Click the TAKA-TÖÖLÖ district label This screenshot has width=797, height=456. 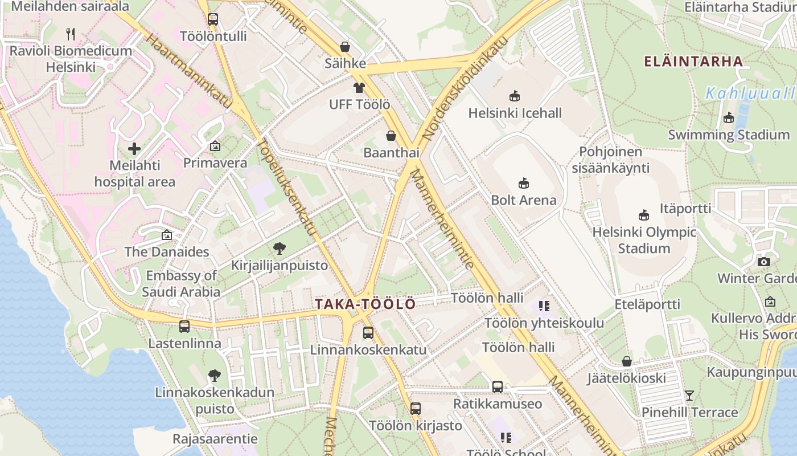click(x=365, y=304)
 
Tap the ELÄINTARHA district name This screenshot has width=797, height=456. click(x=693, y=62)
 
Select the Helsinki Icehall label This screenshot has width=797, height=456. click(x=515, y=113)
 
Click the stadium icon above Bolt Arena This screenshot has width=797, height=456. click(x=524, y=184)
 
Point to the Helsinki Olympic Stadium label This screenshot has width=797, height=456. click(x=644, y=240)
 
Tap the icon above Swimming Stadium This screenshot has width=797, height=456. click(x=728, y=118)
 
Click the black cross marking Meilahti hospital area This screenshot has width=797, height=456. click(x=134, y=149)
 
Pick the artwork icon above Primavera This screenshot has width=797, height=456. click(x=215, y=146)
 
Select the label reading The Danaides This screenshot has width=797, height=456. click(x=167, y=251)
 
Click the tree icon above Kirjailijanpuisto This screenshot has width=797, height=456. click(x=279, y=249)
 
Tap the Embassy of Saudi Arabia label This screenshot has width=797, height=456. click(x=181, y=284)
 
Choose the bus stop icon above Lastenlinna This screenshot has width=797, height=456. click(x=184, y=327)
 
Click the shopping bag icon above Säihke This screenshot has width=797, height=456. click(x=344, y=47)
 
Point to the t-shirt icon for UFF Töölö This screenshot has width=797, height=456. click(x=359, y=88)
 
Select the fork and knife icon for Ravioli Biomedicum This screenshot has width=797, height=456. click(x=71, y=34)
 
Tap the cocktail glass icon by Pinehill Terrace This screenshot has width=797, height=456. click(x=689, y=395)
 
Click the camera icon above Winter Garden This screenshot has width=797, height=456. click(x=764, y=262)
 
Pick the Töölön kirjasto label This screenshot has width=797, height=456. click(x=416, y=425)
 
